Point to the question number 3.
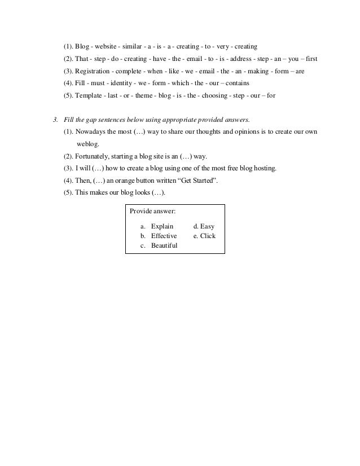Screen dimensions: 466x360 pyautogui.click(x=55, y=120)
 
